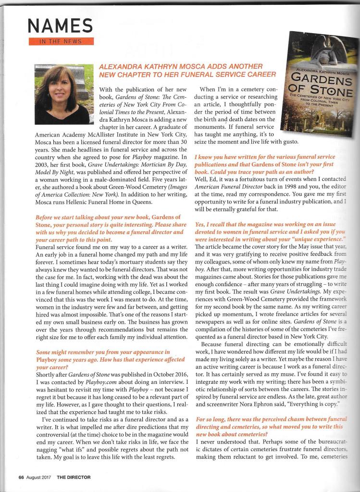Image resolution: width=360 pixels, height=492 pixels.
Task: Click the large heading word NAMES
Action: coord(61,25)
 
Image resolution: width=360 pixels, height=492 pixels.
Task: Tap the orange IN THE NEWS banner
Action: coord(61,42)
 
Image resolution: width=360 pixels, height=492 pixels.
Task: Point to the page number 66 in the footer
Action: coord(22,477)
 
